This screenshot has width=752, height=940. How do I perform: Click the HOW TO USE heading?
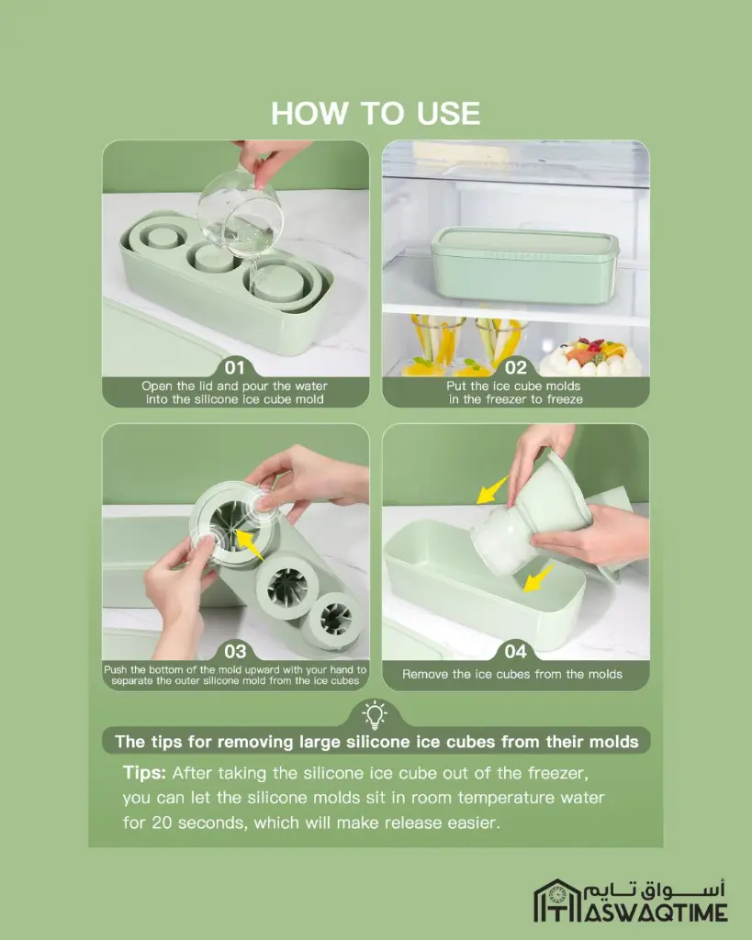pyautogui.click(x=376, y=113)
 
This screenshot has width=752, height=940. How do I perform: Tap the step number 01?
pyautogui.click(x=235, y=367)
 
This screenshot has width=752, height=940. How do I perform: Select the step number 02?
pyautogui.click(x=516, y=367)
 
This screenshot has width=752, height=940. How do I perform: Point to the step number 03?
pyautogui.click(x=235, y=651)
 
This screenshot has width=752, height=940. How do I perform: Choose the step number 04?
pyautogui.click(x=516, y=651)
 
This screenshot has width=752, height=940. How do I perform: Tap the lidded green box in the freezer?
pyautogui.click(x=524, y=264)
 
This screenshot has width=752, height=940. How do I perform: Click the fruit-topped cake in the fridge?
pyautogui.click(x=590, y=357)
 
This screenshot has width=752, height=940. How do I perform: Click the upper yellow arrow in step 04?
pyautogui.click(x=492, y=490)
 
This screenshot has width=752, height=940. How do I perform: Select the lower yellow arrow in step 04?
pyautogui.click(x=538, y=578)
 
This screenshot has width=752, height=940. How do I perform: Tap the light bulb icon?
pyautogui.click(x=375, y=714)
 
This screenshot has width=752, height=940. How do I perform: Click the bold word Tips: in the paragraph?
pyautogui.click(x=144, y=773)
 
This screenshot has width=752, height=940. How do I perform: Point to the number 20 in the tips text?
pyautogui.click(x=162, y=822)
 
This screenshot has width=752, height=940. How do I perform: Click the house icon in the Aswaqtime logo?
pyautogui.click(x=557, y=900)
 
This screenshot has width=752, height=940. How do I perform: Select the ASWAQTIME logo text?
pyautogui.click(x=657, y=913)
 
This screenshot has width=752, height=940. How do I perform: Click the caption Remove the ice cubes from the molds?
pyautogui.click(x=512, y=674)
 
